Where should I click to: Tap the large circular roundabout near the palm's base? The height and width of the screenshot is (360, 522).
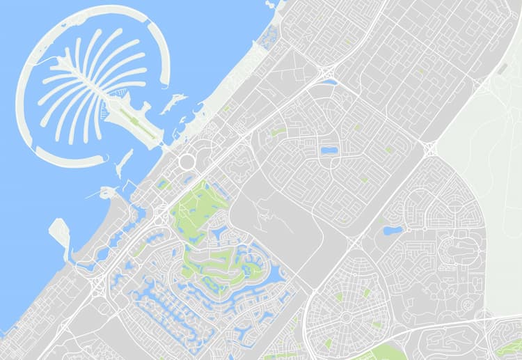click(187, 162)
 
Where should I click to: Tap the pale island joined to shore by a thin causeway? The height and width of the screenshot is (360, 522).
click(60, 232)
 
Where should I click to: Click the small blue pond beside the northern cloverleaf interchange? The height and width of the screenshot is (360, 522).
click(329, 82)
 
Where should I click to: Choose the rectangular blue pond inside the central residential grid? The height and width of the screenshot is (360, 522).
click(329, 150)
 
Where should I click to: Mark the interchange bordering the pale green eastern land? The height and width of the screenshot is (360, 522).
click(429, 148)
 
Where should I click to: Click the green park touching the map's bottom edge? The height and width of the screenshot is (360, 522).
click(379, 353)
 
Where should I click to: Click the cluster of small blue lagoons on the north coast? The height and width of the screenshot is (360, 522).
click(269, 35)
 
